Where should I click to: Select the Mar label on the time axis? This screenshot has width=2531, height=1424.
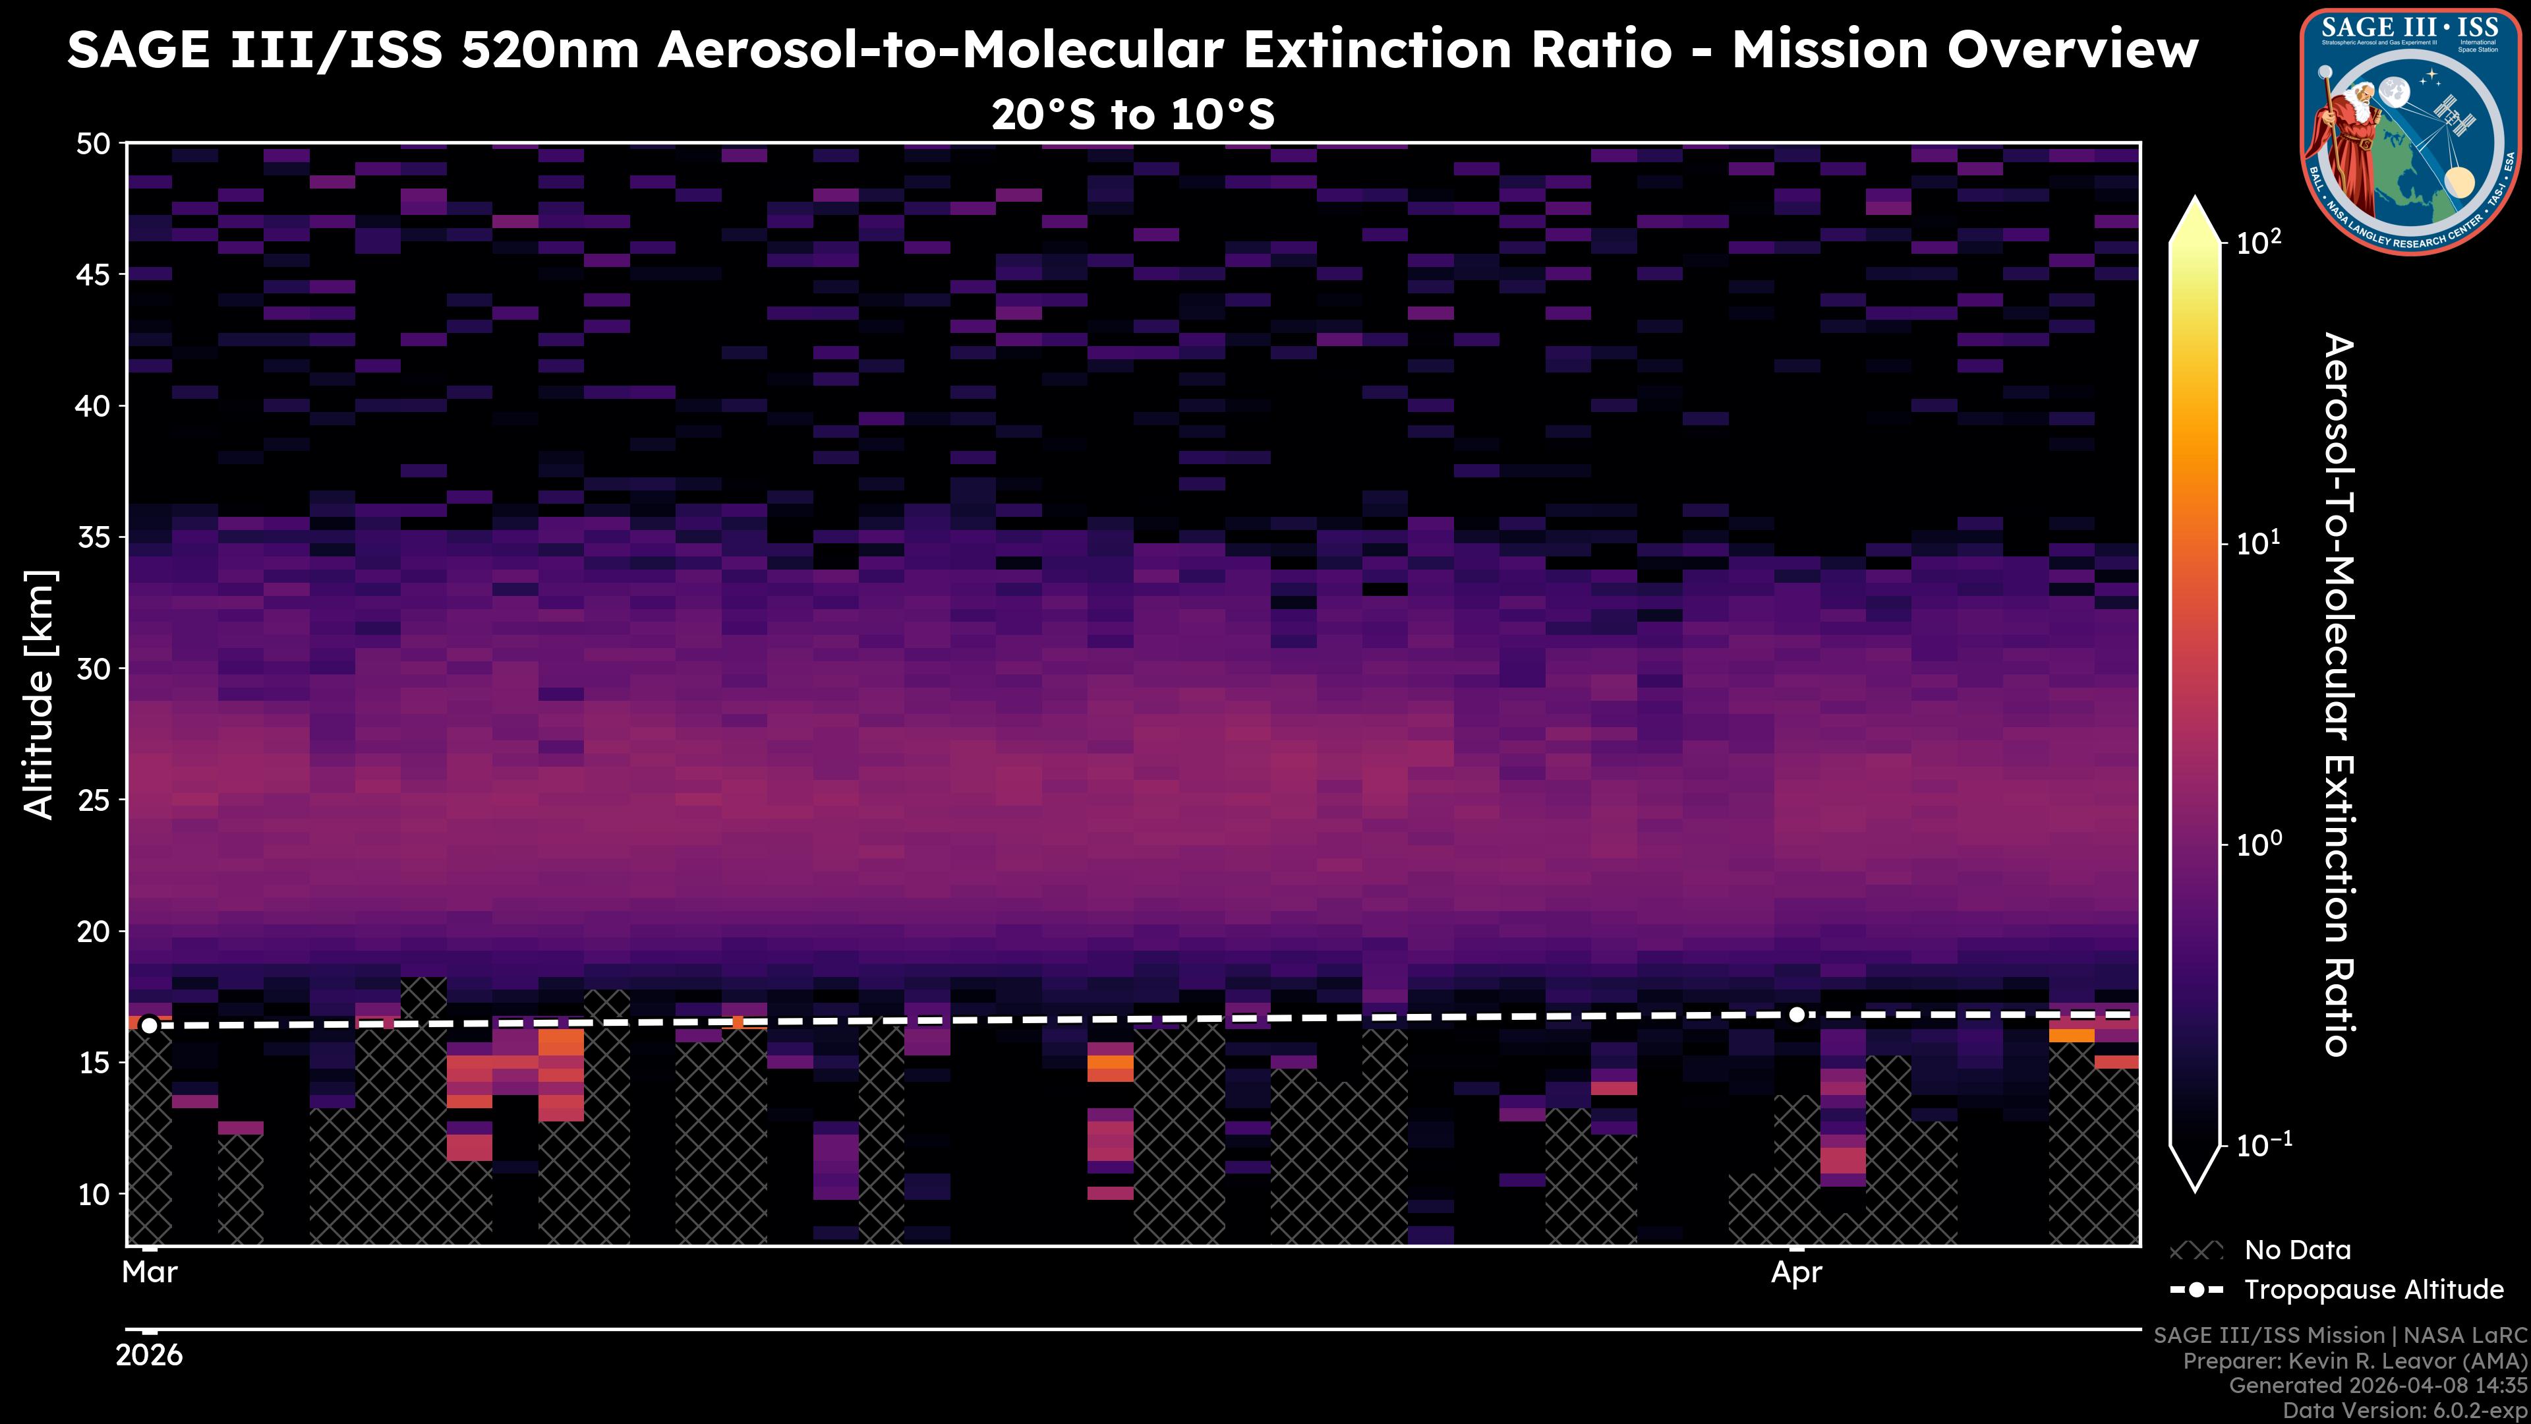[150, 1272]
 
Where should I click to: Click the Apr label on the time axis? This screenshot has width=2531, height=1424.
[1796, 1272]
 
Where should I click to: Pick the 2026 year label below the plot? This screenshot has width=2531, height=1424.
[150, 1355]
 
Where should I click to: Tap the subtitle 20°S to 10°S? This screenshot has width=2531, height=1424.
[1133, 115]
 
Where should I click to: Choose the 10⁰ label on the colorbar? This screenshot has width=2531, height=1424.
[2258, 844]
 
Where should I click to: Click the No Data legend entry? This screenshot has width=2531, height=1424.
[2297, 1250]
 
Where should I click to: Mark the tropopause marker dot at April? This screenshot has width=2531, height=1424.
[1796, 1014]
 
